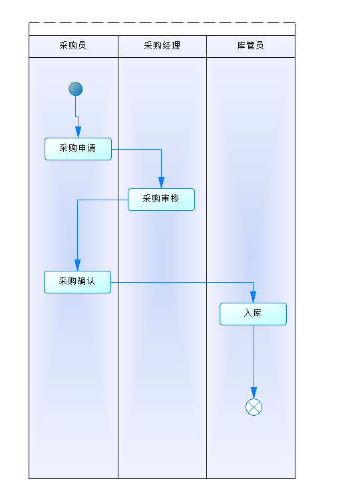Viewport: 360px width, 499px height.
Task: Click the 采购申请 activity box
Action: tap(78, 149)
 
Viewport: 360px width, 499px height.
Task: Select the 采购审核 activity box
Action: tap(161, 200)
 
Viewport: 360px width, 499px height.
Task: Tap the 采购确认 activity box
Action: tap(77, 282)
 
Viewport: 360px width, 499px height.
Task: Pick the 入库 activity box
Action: tap(253, 314)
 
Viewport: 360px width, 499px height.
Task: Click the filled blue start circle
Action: tap(76, 88)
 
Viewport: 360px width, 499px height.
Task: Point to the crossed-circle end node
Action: tap(254, 407)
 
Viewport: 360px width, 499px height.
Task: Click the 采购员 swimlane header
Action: tap(73, 47)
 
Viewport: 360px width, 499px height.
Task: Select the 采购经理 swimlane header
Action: tap(162, 47)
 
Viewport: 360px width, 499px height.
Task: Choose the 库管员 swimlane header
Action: tap(251, 47)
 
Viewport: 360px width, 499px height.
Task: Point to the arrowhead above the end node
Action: tap(254, 393)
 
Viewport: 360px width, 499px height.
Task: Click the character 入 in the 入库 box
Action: tap(248, 313)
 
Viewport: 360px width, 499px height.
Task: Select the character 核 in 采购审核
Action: tap(174, 198)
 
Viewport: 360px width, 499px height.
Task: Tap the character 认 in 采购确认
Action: tap(90, 281)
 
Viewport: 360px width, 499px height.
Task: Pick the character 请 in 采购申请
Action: tap(91, 148)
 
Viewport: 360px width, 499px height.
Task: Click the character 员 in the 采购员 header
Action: tap(83, 46)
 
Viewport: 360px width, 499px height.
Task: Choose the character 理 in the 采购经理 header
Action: tap(176, 46)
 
